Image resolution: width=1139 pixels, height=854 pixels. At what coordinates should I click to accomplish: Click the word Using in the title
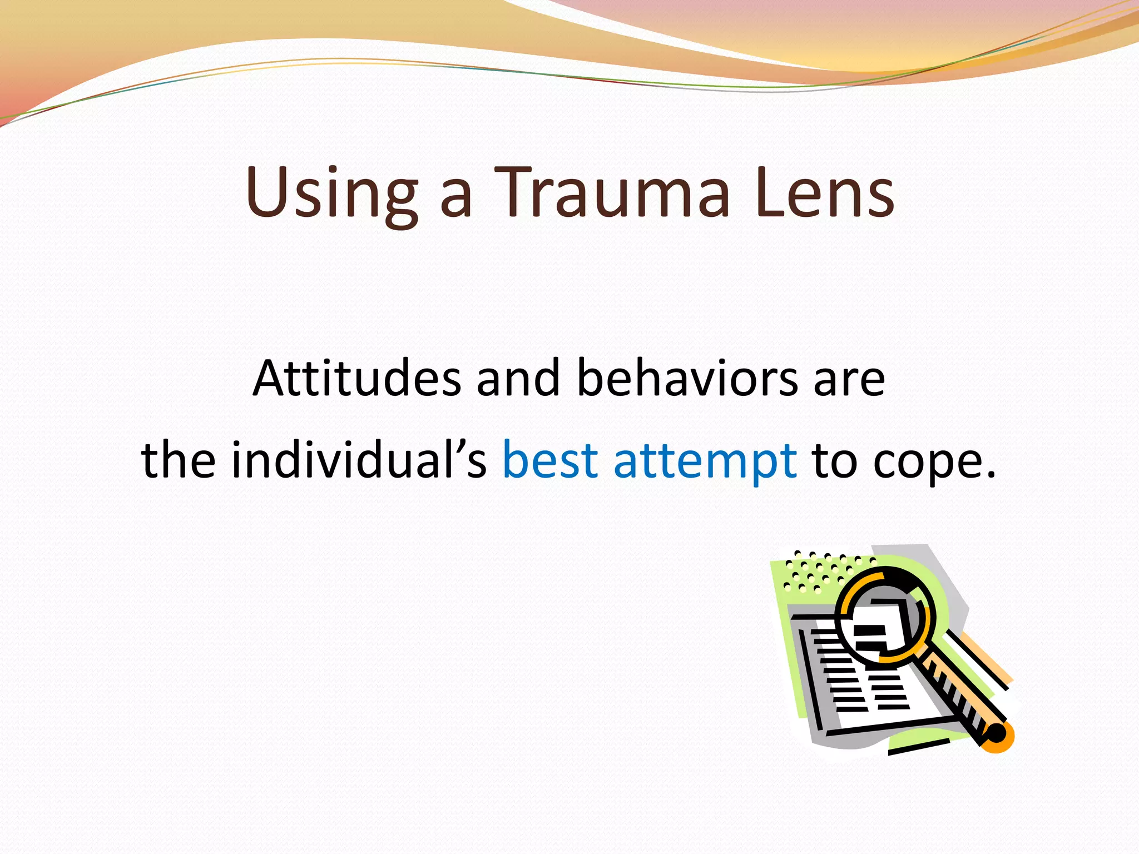(x=331, y=192)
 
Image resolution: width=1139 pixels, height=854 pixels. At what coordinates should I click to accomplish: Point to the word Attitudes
(x=356, y=378)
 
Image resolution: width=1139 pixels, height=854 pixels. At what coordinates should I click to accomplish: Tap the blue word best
(x=550, y=460)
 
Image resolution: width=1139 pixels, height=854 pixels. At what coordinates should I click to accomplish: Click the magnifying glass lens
(x=884, y=614)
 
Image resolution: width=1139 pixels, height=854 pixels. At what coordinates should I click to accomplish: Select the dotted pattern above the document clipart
(x=823, y=570)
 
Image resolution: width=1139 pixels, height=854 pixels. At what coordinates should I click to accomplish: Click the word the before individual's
(x=179, y=460)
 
